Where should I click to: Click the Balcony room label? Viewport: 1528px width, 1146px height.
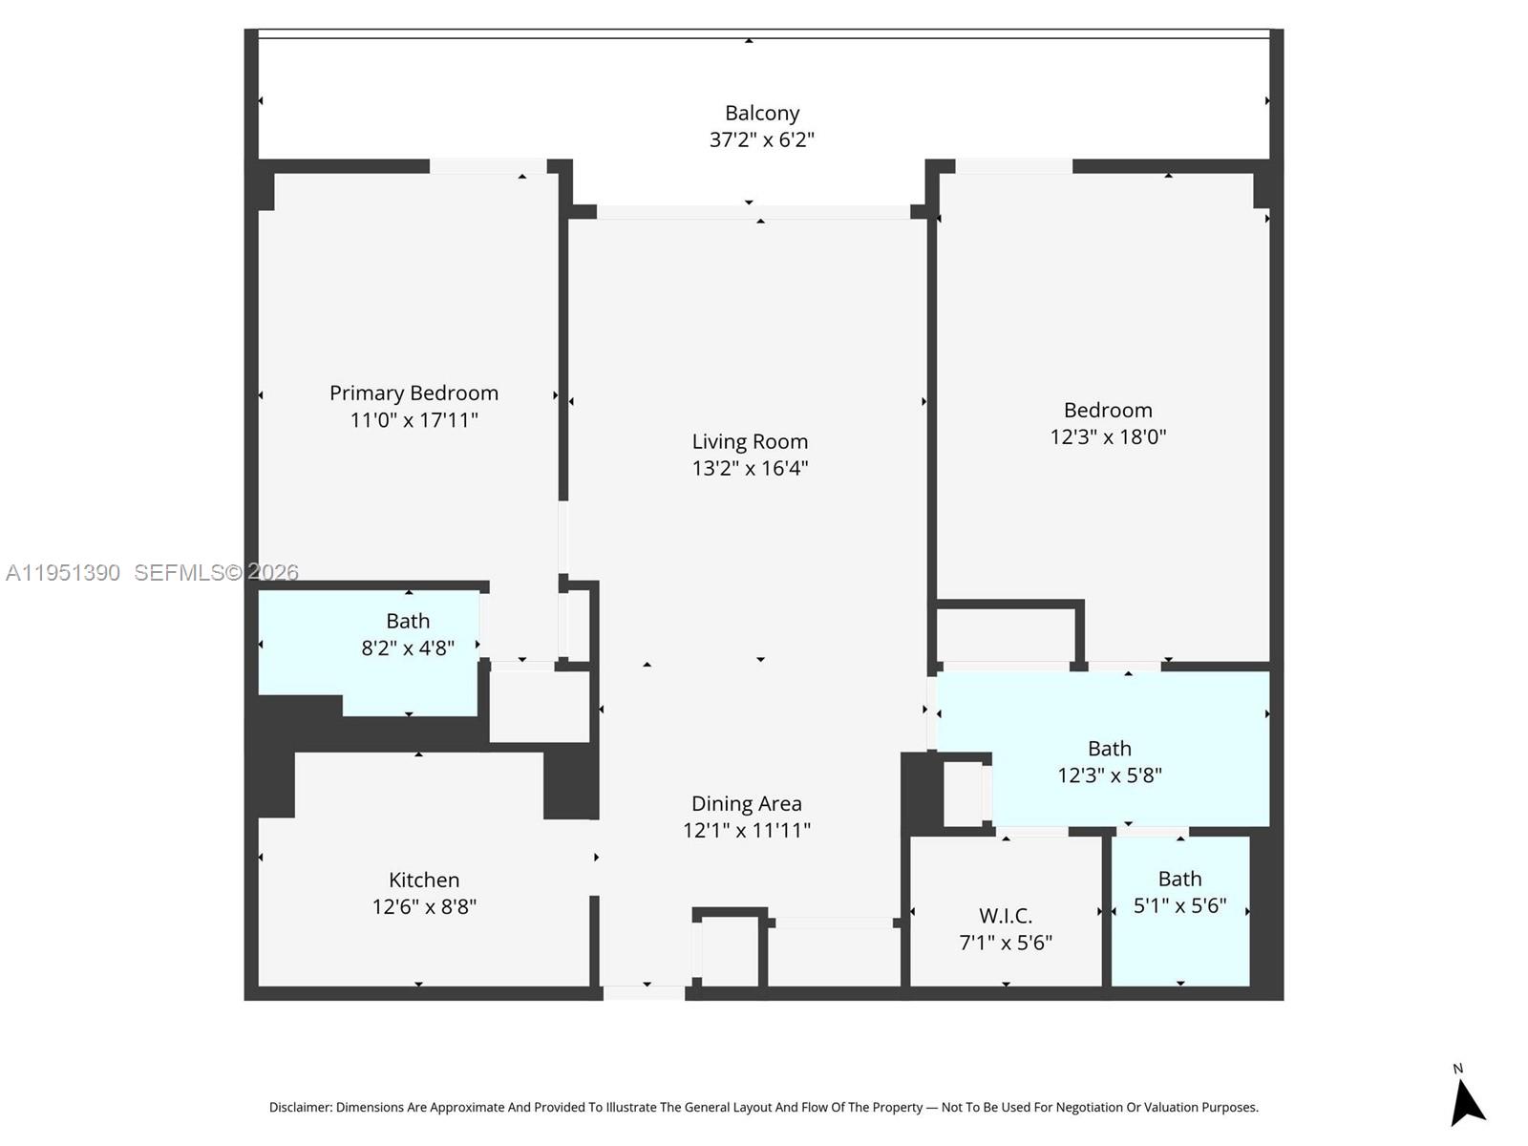[x=761, y=114]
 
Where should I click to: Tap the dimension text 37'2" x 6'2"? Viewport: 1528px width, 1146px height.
[x=761, y=140]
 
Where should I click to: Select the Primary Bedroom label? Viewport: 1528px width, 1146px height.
[x=414, y=393]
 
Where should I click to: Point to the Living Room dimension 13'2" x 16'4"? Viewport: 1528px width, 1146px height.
[x=750, y=468]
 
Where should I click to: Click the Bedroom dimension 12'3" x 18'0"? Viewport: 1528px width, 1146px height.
[x=1108, y=437]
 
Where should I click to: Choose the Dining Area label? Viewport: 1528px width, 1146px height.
[x=746, y=804]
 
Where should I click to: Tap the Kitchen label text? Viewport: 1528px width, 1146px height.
[x=424, y=881]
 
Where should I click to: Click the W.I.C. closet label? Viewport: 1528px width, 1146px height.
[x=1006, y=917]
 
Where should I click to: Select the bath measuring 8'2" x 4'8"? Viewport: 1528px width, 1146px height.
[x=407, y=635]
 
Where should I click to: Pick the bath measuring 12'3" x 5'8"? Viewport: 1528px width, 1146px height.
[x=1109, y=762]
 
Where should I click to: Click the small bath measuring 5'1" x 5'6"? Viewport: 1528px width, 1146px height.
[x=1179, y=892]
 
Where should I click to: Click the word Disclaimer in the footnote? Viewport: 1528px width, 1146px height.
[x=300, y=1108]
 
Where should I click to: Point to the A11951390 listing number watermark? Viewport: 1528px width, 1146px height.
[x=63, y=572]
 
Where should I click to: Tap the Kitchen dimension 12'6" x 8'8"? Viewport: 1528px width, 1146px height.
[x=424, y=907]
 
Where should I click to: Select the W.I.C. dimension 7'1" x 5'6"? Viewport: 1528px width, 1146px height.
[x=1006, y=944]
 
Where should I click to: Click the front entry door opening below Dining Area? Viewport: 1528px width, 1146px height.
[x=645, y=993]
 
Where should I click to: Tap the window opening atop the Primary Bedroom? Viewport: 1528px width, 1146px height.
[x=487, y=166]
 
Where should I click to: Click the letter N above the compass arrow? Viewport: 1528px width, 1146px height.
[x=1457, y=1069]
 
